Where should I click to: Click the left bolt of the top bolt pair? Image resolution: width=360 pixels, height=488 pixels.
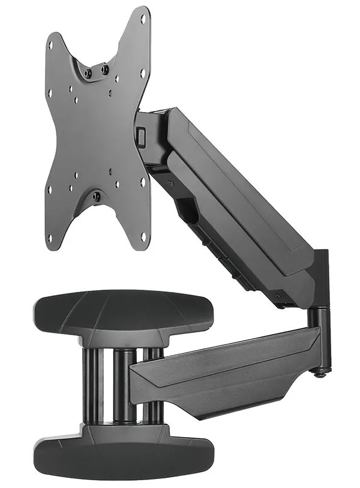(x=88, y=73)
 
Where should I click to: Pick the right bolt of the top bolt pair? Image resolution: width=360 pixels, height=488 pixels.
(x=106, y=68)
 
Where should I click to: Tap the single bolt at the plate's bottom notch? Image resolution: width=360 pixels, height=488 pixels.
(x=97, y=196)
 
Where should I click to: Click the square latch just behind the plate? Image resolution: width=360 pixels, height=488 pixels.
(x=142, y=137)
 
